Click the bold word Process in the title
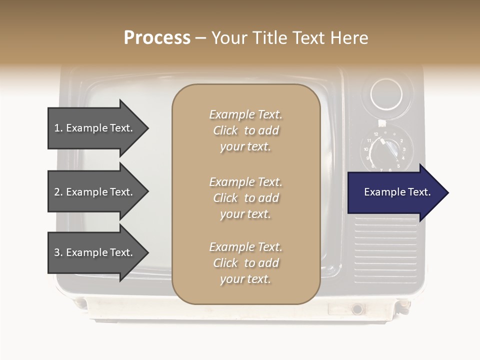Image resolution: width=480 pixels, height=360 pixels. tap(157, 38)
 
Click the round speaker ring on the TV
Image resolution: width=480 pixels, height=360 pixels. tap(386, 94)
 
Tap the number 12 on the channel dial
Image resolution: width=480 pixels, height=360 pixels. tap(376, 134)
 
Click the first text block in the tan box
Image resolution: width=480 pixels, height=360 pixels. tap(245, 130)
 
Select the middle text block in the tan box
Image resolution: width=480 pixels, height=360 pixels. tap(245, 198)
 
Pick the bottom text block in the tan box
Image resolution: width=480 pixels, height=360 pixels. tap(245, 263)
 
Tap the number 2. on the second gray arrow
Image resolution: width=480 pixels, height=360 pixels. tap(58, 192)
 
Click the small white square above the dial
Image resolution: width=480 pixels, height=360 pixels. tap(382, 122)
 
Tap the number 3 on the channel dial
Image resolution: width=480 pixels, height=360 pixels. tap(404, 149)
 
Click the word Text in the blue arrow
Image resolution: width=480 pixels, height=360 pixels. tap(419, 192)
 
